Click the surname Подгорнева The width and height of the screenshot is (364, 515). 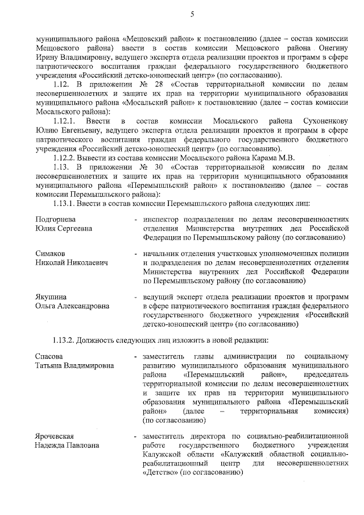click(x=56, y=219)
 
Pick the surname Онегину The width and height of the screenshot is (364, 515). click(x=332, y=50)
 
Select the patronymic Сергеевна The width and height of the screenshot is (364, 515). click(x=73, y=228)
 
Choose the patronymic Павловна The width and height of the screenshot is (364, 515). click(x=80, y=444)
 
